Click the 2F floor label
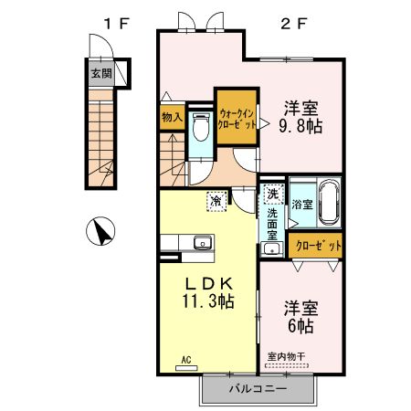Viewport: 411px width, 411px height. coord(291,20)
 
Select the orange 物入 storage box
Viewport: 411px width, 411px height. coord(172,116)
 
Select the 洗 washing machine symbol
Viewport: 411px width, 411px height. coord(272,195)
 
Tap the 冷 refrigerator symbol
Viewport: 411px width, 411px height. coord(216,200)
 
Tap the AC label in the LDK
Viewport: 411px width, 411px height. coord(186,359)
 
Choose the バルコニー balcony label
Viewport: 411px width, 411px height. coord(258,389)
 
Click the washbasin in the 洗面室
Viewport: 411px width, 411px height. coord(270,248)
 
